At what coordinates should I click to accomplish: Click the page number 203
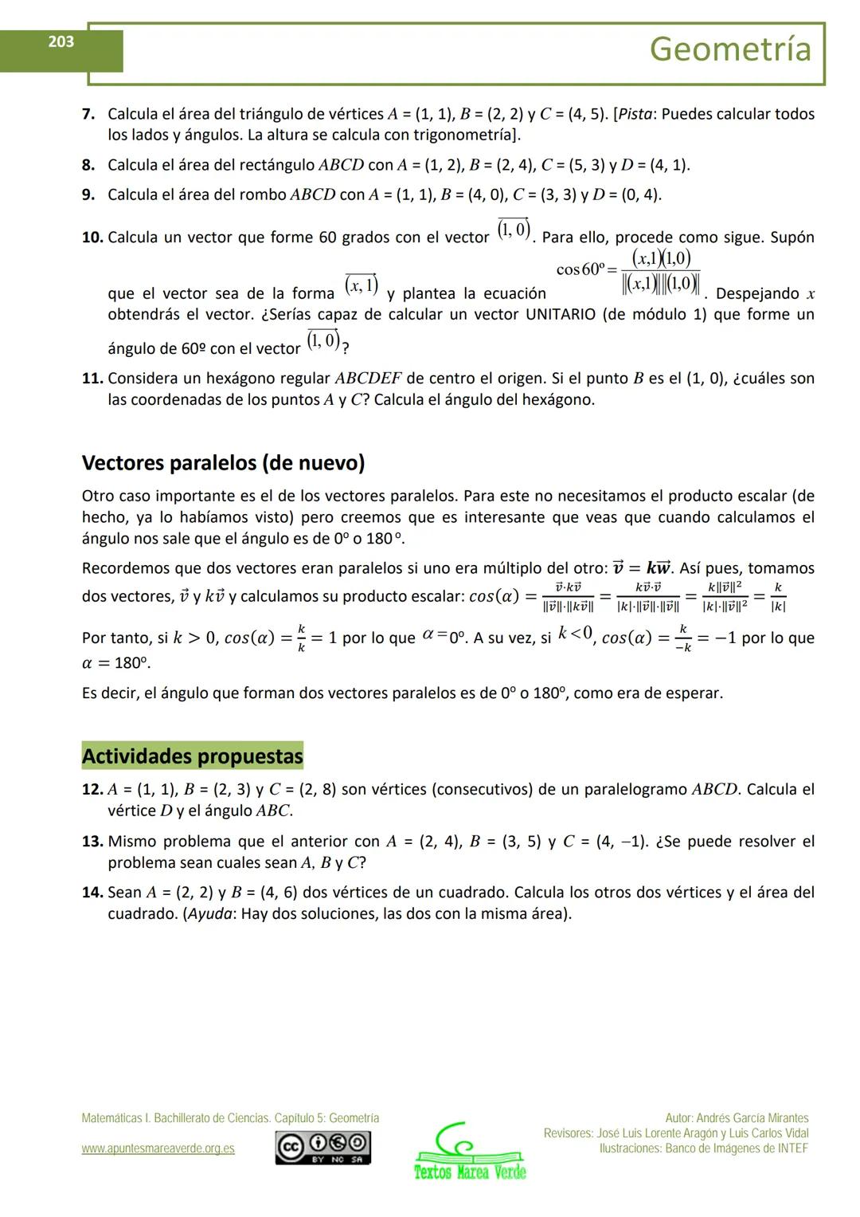[x=61, y=42]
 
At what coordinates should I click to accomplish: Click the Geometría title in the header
[x=730, y=49]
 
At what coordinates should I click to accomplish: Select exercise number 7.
[x=88, y=114]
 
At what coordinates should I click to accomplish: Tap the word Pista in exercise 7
[x=636, y=114]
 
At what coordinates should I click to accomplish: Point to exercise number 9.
[x=88, y=194]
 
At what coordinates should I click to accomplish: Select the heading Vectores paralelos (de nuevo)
[x=223, y=463]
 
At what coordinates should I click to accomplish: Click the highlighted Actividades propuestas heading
[x=192, y=756]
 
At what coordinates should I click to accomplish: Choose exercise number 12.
[x=92, y=790]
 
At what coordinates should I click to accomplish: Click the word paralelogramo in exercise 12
[x=635, y=790]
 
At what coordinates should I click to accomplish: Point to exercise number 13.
[x=92, y=842]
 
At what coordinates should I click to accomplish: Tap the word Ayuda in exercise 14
[x=209, y=913]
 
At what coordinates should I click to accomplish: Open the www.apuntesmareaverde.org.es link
[x=158, y=1148]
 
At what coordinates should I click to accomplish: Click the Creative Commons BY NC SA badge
[x=322, y=1148]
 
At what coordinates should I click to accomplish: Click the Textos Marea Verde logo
[x=470, y=1153]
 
